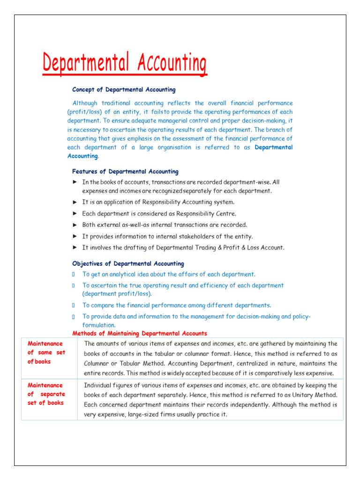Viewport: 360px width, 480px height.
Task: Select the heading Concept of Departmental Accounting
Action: [x=124, y=90]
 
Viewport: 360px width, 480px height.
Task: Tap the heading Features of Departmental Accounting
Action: [x=125, y=172]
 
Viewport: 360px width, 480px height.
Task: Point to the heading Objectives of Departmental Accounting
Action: [x=128, y=264]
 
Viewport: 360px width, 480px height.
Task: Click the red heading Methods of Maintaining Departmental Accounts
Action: [x=139, y=333]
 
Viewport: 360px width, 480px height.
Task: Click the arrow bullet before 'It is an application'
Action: [x=75, y=202]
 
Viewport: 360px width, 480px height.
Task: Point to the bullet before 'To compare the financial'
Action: [x=74, y=305]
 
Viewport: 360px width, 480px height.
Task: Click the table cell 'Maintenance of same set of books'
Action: [x=46, y=352]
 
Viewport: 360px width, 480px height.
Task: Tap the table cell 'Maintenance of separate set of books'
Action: [x=46, y=394]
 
